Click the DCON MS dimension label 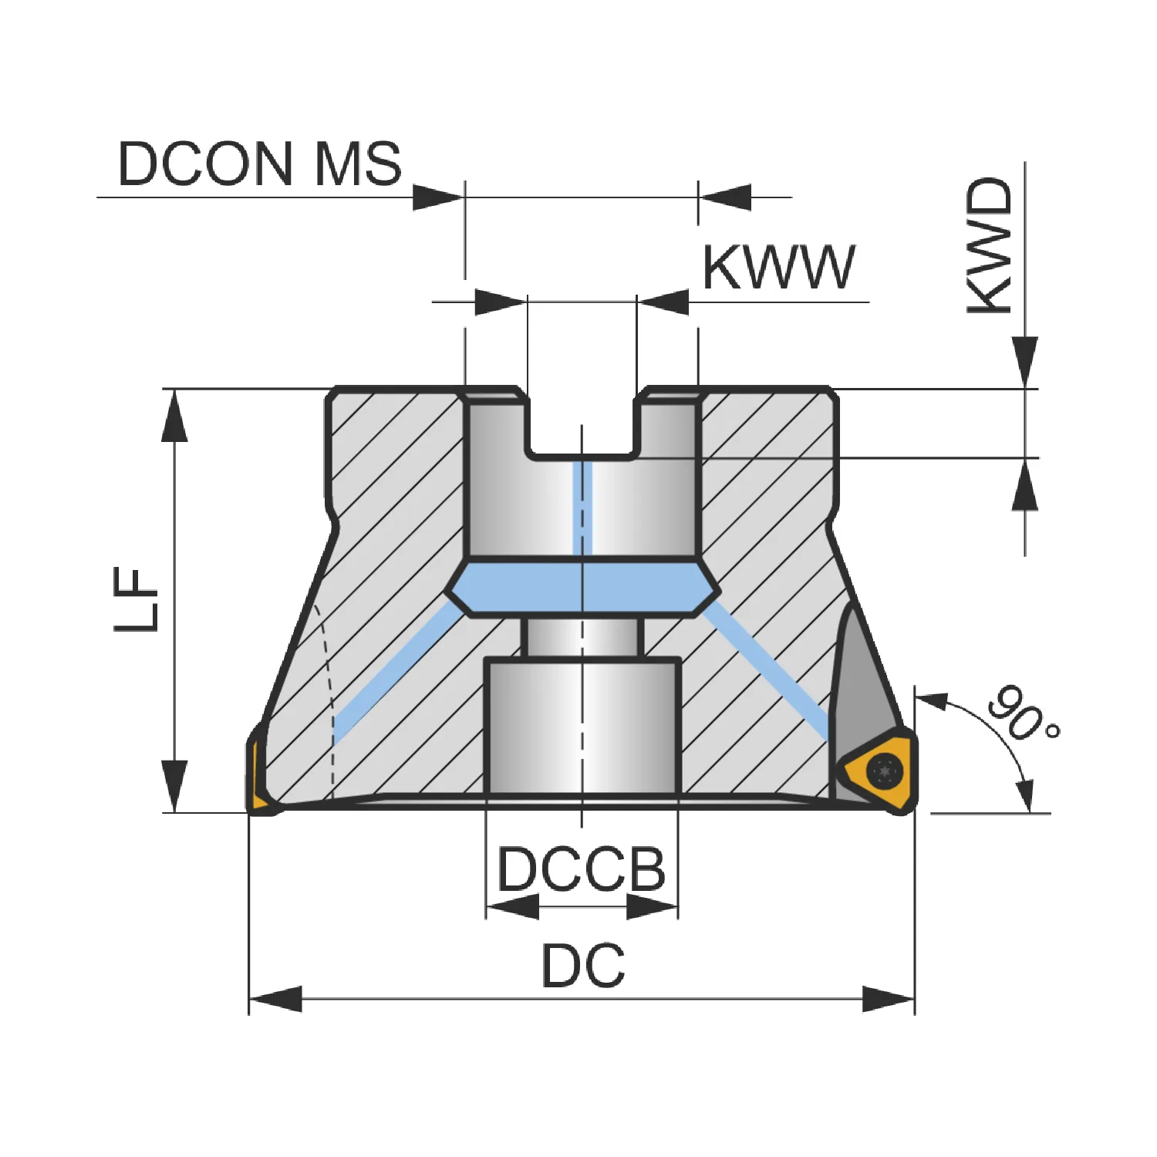coord(259,164)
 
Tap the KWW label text coord(778,267)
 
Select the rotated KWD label coord(990,245)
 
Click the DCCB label coord(581,869)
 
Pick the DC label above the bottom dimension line coord(583,965)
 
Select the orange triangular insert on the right coord(879,771)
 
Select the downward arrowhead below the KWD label coord(1025,362)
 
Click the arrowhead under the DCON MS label coord(437,197)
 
